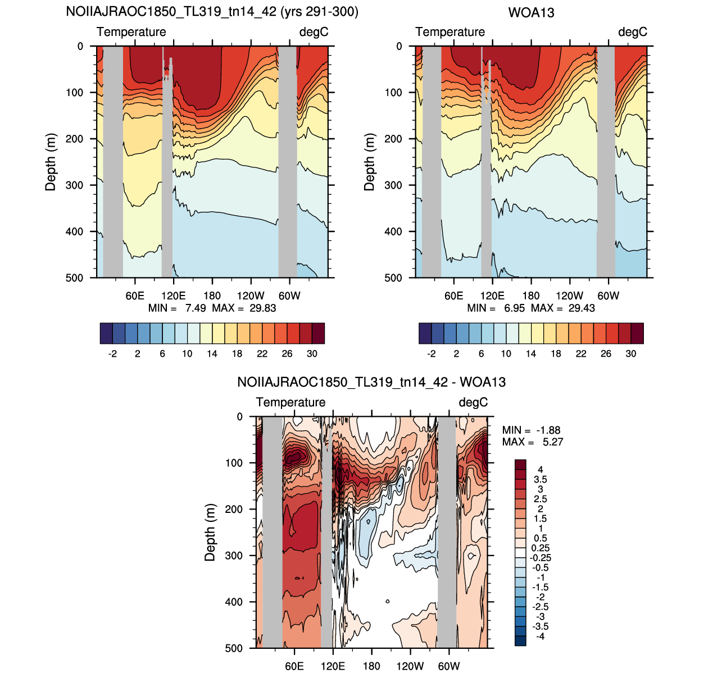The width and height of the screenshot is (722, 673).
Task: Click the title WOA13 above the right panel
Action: [531, 13]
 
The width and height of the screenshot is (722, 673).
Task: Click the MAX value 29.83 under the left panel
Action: [262, 308]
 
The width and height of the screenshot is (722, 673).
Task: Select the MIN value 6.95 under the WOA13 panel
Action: [514, 308]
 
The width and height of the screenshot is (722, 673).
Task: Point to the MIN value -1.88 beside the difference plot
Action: [548, 430]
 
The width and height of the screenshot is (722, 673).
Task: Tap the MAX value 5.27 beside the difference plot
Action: [552, 442]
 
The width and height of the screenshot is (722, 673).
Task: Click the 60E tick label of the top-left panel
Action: [135, 295]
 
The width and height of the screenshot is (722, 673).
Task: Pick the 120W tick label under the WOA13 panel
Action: [570, 295]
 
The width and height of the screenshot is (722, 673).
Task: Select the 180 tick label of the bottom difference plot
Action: [371, 666]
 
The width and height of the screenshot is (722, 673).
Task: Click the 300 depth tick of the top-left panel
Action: [75, 185]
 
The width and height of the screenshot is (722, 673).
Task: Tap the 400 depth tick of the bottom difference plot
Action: [234, 602]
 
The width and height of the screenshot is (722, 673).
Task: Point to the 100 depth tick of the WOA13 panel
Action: [393, 92]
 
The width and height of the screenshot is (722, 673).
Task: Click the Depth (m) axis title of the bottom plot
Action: [210, 533]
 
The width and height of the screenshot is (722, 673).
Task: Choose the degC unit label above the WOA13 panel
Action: [633, 32]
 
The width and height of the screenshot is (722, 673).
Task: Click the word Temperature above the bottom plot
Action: [290, 402]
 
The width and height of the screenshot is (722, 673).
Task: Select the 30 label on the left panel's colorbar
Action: [312, 353]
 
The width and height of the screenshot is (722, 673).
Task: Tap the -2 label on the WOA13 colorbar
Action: [431, 353]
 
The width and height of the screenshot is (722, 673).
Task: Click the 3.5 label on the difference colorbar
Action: [540, 479]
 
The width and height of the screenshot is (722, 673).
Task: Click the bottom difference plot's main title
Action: [371, 382]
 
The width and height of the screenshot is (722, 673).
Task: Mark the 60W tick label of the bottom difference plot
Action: [448, 666]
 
